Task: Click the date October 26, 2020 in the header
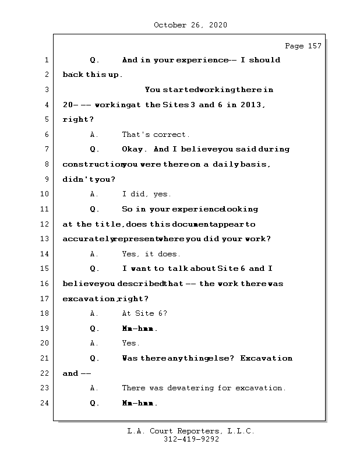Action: (190, 25)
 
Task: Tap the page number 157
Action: (313, 46)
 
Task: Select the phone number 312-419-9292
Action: (191, 440)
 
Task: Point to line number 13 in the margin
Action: (47, 239)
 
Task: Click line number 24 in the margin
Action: (47, 403)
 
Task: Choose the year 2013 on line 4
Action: (252, 105)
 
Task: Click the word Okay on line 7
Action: (134, 149)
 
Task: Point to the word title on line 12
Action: (108, 224)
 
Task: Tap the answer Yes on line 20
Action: (130, 344)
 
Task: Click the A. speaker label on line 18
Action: (95, 313)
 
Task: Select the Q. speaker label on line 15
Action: (95, 269)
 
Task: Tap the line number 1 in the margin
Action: (47, 60)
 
